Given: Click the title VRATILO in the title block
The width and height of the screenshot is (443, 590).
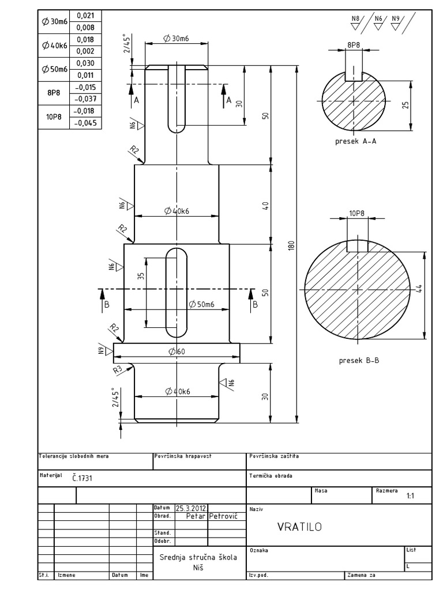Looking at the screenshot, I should point(299,527).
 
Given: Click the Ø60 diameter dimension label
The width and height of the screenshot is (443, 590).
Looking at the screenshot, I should point(177,352).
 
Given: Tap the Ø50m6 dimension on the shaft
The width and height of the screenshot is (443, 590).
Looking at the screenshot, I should point(201,304).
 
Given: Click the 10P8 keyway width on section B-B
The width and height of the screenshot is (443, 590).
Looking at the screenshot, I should point(357,213).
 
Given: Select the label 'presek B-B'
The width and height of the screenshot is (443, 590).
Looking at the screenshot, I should point(359,361).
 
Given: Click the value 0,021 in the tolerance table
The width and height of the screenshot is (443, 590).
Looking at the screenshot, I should point(85,16).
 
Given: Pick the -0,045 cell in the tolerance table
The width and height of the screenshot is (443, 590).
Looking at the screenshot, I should point(85,123).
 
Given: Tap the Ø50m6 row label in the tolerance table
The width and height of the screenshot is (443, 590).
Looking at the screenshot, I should point(54,69).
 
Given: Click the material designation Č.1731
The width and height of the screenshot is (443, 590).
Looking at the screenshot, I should point(82,478).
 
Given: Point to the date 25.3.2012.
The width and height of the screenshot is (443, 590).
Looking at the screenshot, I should point(192,508).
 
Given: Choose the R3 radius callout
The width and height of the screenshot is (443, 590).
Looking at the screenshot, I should point(117,369).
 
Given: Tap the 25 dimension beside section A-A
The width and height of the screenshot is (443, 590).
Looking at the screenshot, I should point(406,105).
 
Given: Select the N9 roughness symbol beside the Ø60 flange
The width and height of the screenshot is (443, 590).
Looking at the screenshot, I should point(102,349).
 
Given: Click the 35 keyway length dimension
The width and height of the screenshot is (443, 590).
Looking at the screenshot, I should point(140,276).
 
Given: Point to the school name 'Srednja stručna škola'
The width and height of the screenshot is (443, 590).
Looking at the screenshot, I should point(198,557).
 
